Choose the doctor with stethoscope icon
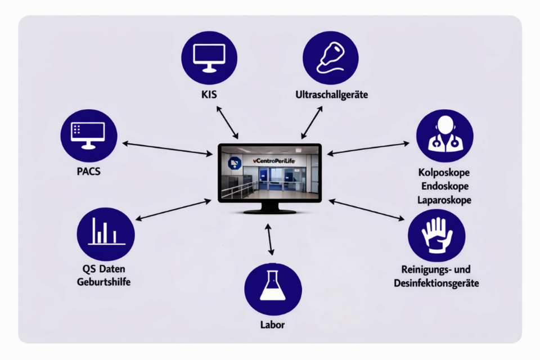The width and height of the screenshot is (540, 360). click(x=444, y=137)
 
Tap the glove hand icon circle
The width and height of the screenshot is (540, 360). click(x=436, y=235)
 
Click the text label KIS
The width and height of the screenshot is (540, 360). click(x=209, y=94)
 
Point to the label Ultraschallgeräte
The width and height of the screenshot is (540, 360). click(x=331, y=94)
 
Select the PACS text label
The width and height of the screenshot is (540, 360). click(x=88, y=171)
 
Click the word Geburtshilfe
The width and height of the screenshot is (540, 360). click(x=104, y=281)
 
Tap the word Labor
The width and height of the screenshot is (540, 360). click(x=273, y=325)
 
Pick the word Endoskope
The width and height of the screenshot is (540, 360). click(x=444, y=186)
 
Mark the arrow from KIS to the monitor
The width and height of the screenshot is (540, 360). click(x=227, y=122)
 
